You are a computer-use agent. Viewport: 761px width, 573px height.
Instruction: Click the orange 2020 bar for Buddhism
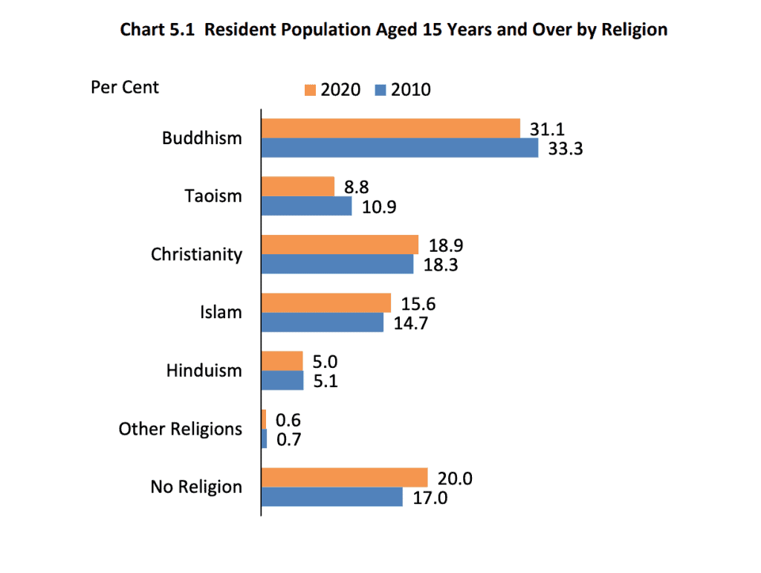pos(390,129)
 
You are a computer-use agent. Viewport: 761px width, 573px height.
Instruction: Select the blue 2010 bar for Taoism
pos(306,206)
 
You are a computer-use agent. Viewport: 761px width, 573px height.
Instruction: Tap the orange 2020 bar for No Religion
pos(344,477)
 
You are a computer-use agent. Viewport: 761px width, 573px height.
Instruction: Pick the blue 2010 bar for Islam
pos(322,322)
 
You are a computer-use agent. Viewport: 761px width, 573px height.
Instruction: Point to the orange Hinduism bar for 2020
pos(282,360)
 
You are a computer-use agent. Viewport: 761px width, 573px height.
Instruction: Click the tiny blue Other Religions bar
pos(264,438)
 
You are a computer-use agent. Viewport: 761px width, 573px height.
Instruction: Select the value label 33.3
pos(566,149)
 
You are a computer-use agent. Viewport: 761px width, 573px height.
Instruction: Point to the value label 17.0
pos(430,497)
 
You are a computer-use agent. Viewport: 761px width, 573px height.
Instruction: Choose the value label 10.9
pos(379,207)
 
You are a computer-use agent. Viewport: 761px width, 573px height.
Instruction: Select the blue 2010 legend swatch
pos(380,91)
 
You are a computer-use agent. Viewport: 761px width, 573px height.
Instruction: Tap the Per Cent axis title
pos(125,87)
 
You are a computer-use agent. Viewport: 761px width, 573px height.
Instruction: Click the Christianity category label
pos(196,254)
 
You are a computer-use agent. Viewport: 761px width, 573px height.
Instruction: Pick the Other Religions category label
pos(180,429)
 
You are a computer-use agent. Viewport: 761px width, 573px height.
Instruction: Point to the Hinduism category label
pos(204,370)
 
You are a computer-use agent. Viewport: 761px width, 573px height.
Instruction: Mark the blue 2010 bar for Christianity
pos(337,264)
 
